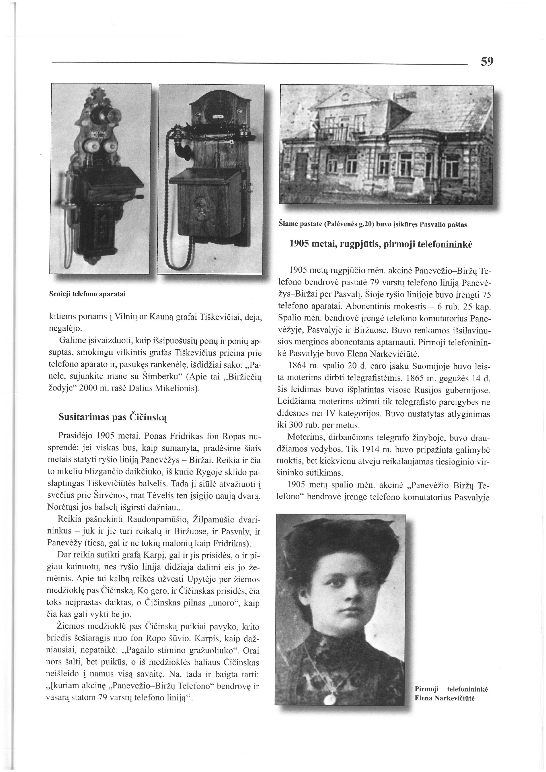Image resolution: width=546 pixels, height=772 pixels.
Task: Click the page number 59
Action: (x=487, y=61)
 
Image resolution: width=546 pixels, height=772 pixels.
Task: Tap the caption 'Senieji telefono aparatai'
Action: (x=87, y=294)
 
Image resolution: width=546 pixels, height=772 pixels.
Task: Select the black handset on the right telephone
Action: (x=182, y=147)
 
